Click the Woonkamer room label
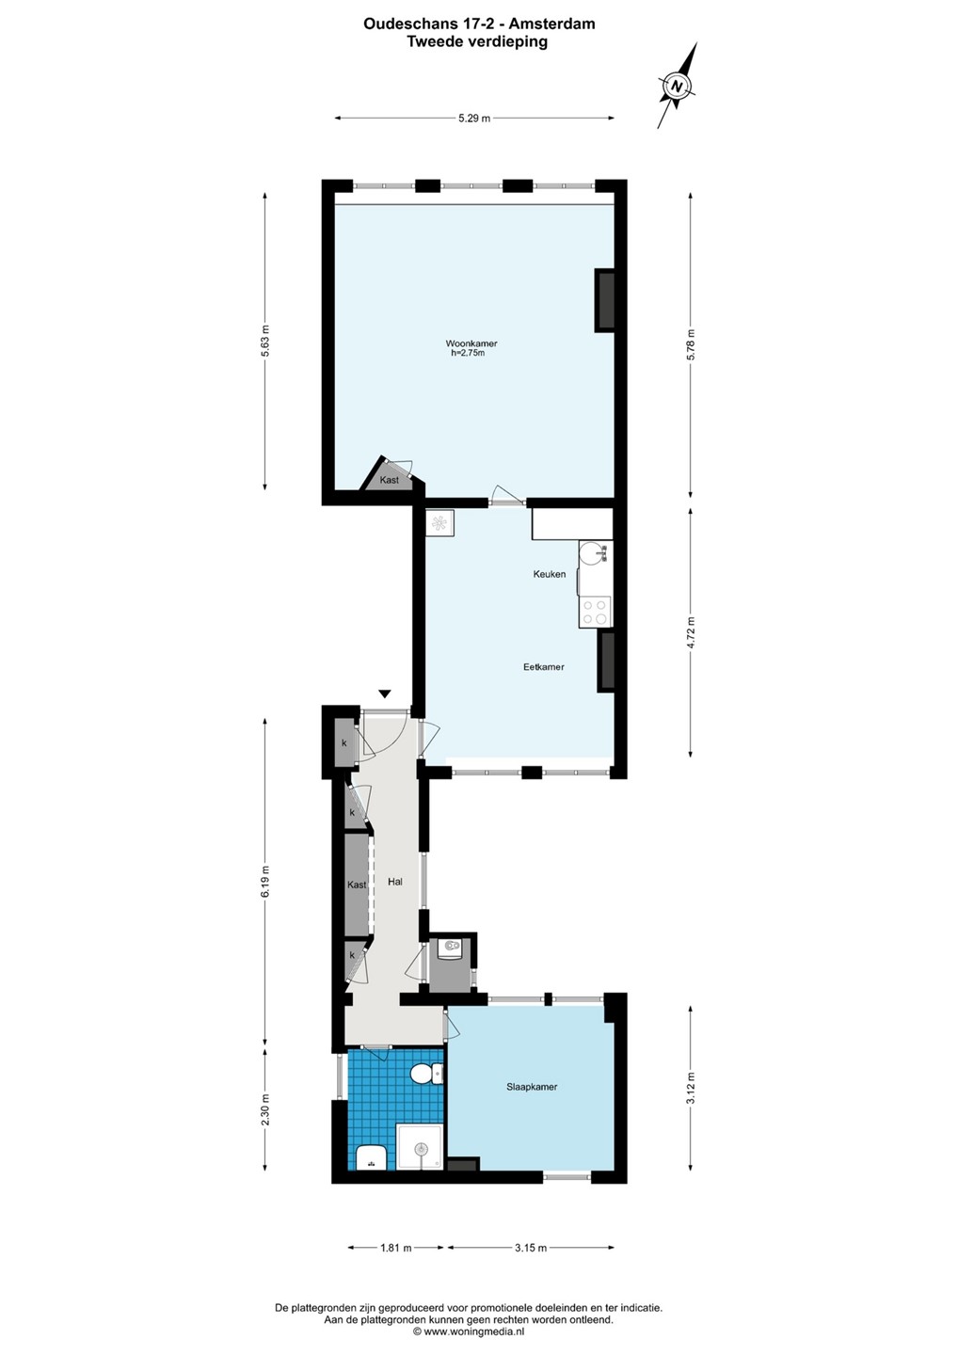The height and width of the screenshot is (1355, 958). [x=471, y=343]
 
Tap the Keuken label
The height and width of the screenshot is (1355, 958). [x=550, y=573]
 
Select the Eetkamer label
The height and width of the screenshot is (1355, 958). [x=544, y=666]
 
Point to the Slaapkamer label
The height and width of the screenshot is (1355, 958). [x=532, y=1087]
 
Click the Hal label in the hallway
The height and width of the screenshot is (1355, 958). [x=395, y=882]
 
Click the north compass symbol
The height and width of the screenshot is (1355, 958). [x=678, y=86]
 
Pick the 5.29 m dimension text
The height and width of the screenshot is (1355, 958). [x=474, y=118]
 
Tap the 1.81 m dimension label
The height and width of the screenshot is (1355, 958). [x=396, y=1248]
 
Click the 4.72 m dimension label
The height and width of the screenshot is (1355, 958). [x=692, y=632]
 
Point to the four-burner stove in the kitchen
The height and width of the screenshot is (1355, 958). [x=595, y=612]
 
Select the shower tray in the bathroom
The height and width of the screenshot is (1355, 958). [x=420, y=1146]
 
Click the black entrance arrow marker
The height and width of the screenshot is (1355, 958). [x=385, y=693]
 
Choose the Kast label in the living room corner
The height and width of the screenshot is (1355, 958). [x=389, y=480]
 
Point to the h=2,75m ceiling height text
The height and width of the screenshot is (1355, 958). [x=468, y=353]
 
